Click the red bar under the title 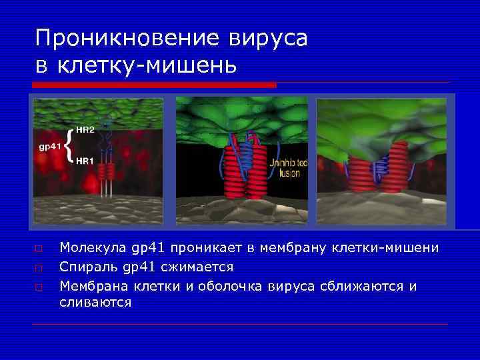[154, 85]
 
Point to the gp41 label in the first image [49, 145]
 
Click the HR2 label [85, 129]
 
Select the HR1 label [85, 161]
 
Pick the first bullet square [39, 249]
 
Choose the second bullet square [39, 267]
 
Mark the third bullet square [39, 287]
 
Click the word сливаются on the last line [95, 302]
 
